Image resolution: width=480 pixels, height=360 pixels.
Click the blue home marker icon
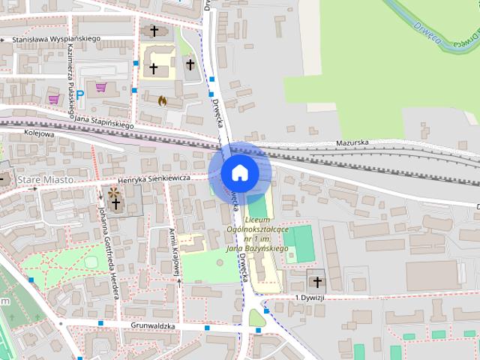(x=240, y=172)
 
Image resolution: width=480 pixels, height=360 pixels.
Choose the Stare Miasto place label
(x=46, y=181)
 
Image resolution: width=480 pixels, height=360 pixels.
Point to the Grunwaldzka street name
(x=153, y=326)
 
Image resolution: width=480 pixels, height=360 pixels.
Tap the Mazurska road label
(x=352, y=141)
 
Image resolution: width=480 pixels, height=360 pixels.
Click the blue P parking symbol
(x=79, y=95)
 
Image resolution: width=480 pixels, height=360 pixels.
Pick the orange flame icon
(x=162, y=99)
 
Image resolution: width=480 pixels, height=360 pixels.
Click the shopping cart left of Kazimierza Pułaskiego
(x=53, y=98)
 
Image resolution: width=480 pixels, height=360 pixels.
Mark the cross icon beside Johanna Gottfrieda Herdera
(x=115, y=203)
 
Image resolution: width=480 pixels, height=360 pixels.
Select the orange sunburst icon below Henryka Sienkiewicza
(x=114, y=193)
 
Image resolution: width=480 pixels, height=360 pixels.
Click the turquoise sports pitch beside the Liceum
(x=302, y=243)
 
